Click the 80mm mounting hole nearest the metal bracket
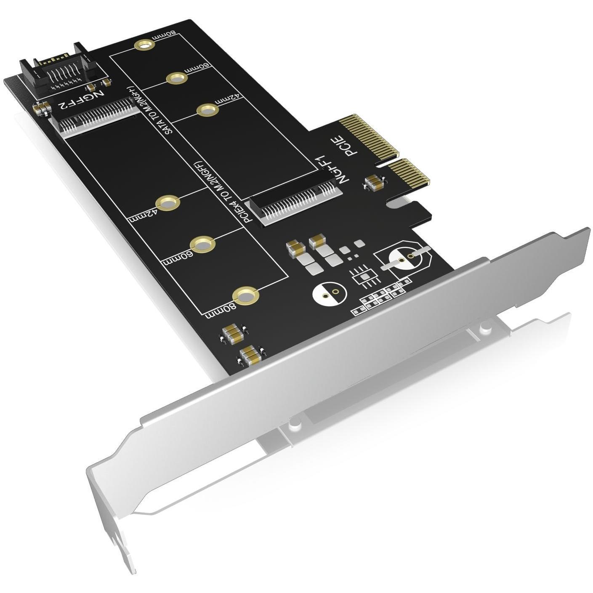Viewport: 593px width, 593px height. click(245, 295)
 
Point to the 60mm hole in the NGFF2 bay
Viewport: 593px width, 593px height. click(202, 244)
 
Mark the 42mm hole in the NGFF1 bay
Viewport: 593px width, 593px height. click(207, 110)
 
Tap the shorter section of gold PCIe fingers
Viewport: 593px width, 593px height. click(408, 172)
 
